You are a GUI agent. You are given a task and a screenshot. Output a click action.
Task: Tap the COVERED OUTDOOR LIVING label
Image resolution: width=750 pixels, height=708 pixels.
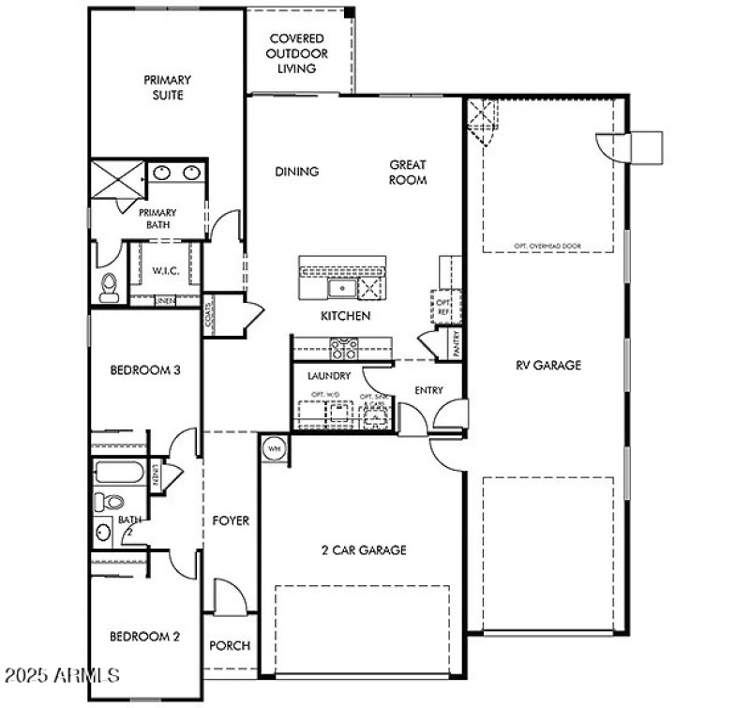point(296,53)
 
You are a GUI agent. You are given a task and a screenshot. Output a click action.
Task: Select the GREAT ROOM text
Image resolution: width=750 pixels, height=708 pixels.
point(409,173)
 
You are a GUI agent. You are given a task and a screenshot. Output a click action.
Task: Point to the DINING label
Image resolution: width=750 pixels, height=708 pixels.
point(297,172)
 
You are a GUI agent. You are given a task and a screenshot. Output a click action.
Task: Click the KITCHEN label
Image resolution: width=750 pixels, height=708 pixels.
point(345,316)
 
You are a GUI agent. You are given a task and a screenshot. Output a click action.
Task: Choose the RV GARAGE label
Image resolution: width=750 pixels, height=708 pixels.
point(548,365)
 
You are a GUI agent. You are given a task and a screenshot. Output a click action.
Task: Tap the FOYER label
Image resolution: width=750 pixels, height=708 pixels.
point(231,520)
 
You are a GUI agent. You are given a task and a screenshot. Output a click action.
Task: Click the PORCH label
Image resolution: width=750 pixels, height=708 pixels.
point(230,646)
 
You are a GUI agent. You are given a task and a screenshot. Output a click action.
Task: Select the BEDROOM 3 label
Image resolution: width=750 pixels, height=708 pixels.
point(145,370)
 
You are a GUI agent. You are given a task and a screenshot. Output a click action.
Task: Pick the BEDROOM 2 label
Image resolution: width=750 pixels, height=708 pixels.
point(145,637)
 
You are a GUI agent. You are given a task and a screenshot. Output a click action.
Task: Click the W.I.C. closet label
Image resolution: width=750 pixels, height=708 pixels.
point(165,271)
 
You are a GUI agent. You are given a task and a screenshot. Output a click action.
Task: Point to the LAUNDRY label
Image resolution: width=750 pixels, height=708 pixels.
point(329,376)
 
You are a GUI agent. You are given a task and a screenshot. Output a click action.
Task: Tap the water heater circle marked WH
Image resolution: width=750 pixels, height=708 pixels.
point(275,449)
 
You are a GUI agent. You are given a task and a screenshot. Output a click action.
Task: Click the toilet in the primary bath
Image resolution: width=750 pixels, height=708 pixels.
point(109,287)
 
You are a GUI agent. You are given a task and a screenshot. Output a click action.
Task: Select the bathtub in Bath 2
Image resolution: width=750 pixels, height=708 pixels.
point(118,472)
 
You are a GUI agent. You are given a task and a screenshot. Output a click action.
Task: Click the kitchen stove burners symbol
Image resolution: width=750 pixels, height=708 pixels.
point(343,349)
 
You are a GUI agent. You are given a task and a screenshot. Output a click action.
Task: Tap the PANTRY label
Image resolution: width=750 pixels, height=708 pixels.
point(456,342)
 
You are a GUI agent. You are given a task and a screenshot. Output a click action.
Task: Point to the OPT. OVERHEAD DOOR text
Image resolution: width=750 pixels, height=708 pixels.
point(548,247)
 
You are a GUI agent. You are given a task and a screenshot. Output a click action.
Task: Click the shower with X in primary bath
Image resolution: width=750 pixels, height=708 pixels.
point(118,178)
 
